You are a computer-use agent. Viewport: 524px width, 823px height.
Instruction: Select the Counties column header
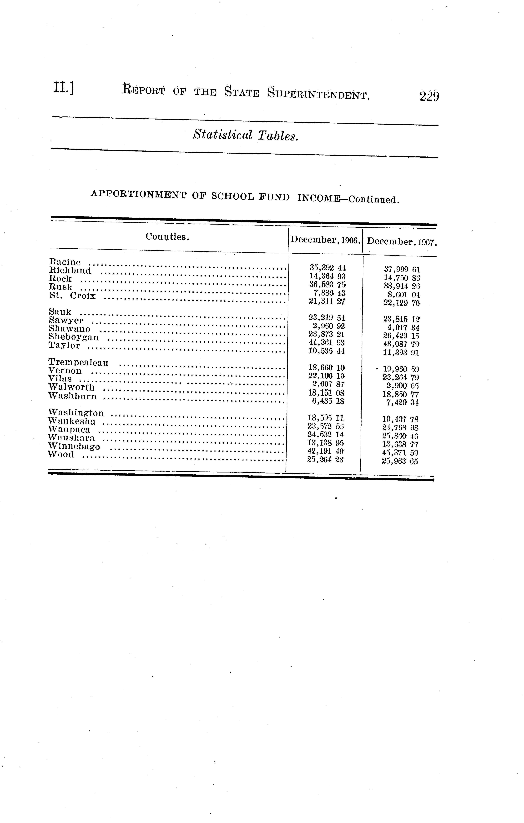[167, 236]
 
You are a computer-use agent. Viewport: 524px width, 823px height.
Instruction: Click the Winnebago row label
[74, 446]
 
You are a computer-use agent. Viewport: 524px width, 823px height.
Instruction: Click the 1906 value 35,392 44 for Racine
[327, 268]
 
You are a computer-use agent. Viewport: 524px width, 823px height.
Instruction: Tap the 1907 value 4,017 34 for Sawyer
[403, 327]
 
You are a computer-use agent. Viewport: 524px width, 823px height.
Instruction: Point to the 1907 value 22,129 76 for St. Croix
[401, 303]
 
